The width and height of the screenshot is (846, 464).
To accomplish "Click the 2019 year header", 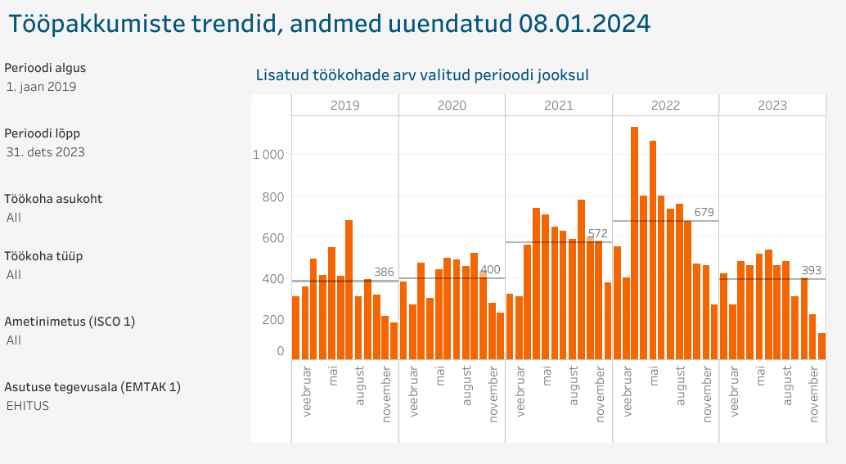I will point(344,105).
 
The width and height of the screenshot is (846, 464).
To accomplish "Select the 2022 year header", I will point(665,105).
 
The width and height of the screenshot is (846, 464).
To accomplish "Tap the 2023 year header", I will point(772,105).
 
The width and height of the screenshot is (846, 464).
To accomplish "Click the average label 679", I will point(704,212).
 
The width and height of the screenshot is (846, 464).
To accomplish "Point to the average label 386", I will point(385,272).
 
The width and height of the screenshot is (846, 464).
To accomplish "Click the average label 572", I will point(598,233).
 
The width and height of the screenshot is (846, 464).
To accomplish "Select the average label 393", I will point(811,270).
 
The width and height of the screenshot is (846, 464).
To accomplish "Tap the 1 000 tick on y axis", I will point(268,155).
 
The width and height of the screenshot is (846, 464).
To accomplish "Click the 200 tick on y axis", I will point(274,319).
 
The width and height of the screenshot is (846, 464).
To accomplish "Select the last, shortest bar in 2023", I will point(821,345).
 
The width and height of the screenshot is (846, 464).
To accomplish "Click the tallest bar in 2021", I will point(581,279).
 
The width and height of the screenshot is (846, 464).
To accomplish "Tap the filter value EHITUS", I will point(28,405).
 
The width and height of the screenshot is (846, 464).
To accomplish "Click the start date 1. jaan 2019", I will point(41,87).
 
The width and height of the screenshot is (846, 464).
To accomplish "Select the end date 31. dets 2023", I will point(46,152).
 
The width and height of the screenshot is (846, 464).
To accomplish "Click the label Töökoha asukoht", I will point(53,199).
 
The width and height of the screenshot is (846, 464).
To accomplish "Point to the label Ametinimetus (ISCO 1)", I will point(70,322).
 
